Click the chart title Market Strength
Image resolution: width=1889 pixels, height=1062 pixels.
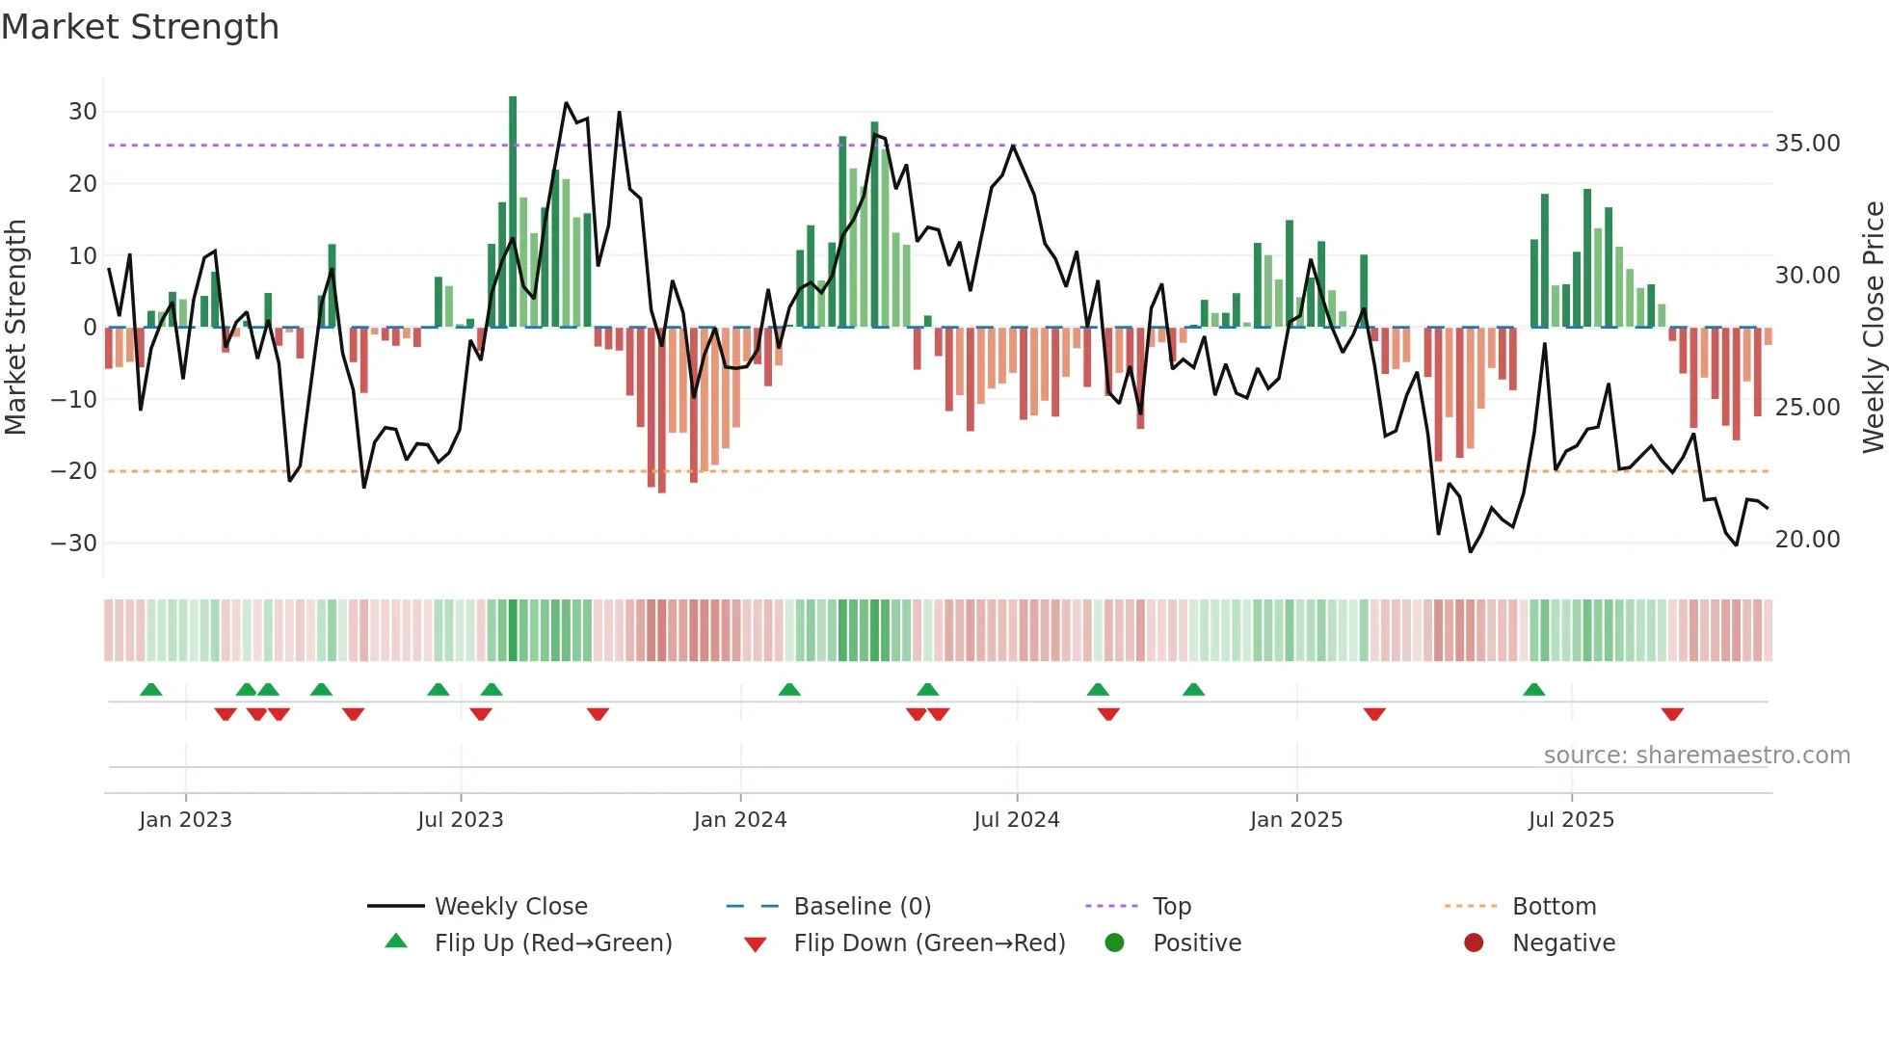pyautogui.click(x=140, y=27)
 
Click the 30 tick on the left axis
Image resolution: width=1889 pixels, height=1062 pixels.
pyautogui.click(x=83, y=112)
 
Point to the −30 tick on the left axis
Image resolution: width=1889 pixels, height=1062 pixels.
pyautogui.click(x=75, y=544)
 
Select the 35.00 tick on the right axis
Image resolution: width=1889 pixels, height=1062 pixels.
pyautogui.click(x=1807, y=144)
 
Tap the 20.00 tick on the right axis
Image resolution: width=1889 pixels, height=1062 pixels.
pyautogui.click(x=1807, y=540)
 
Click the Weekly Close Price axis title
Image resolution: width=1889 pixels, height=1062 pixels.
pyautogui.click(x=1873, y=328)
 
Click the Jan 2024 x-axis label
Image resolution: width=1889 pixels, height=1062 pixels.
pyautogui.click(x=740, y=820)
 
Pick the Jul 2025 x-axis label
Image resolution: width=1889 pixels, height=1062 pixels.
pyautogui.click(x=1571, y=820)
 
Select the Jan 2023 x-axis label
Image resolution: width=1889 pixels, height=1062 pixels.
pyautogui.click(x=185, y=820)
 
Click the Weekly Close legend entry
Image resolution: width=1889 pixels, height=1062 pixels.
pyautogui.click(x=511, y=907)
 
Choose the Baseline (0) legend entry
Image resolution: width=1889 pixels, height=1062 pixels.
pyautogui.click(x=862, y=907)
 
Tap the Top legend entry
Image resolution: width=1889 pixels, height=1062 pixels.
pyautogui.click(x=1171, y=907)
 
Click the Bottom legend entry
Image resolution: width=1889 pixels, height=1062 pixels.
pyautogui.click(x=1554, y=907)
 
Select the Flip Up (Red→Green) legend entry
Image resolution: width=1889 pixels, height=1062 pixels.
pyautogui.click(x=552, y=943)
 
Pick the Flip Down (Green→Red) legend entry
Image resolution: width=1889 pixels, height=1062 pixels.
pyautogui.click(x=929, y=943)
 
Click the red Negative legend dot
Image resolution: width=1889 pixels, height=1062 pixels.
pyautogui.click(x=1474, y=943)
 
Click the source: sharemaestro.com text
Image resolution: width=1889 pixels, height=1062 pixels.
pyautogui.click(x=1696, y=756)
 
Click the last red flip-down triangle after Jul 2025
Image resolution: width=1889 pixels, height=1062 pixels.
pyautogui.click(x=1672, y=714)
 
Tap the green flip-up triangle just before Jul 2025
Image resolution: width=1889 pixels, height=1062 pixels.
pyautogui.click(x=1534, y=689)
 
